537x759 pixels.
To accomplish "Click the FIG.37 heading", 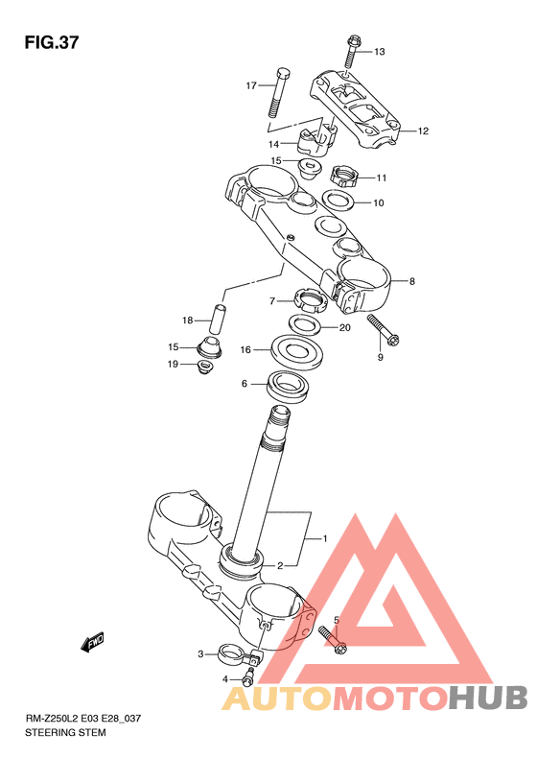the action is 51,42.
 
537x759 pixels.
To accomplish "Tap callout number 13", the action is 380,51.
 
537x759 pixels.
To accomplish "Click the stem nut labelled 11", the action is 343,177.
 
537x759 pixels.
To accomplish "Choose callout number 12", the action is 423,130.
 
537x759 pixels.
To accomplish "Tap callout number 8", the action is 412,281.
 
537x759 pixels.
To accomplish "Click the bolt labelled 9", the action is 385,331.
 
